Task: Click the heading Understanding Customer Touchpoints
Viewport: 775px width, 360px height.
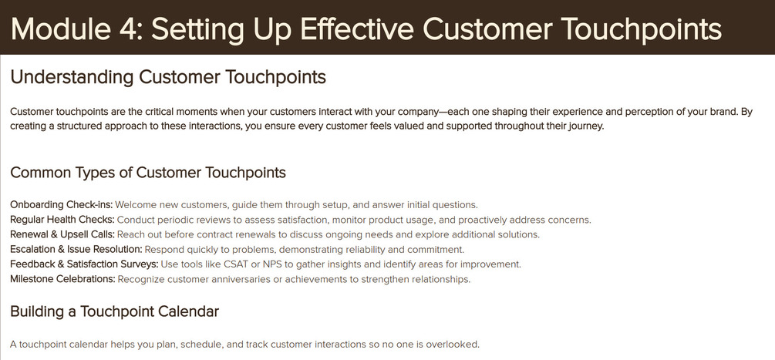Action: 168,78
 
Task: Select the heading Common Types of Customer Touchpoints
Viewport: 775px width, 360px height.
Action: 148,173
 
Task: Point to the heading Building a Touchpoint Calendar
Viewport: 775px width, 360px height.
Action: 115,311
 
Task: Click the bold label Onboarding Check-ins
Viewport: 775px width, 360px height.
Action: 62,204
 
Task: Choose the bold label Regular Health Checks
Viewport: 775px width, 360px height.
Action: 62,219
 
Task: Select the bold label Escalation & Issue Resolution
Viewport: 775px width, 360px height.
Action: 76,249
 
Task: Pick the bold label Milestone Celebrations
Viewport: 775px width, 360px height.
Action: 62,279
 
